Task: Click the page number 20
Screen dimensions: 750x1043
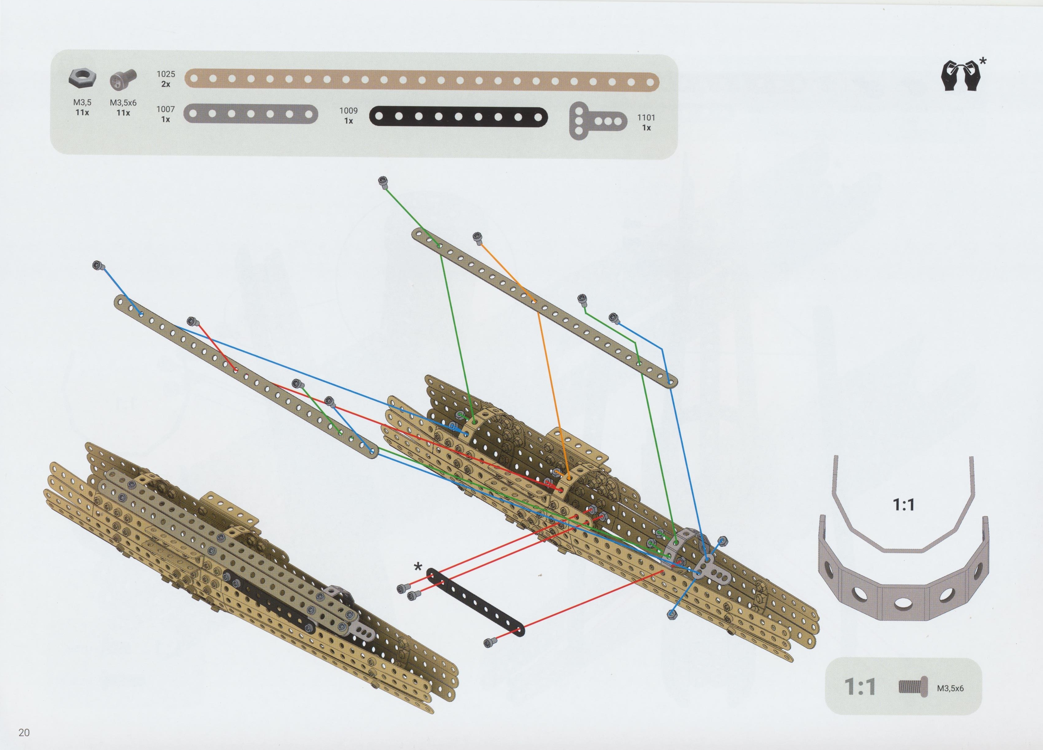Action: click(x=24, y=732)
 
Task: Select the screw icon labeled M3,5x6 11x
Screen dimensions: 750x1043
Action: click(x=123, y=80)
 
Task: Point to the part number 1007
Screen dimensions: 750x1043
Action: click(x=166, y=109)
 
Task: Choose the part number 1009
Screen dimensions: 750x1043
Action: click(x=348, y=110)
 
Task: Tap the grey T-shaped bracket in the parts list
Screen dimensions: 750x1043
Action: click(x=597, y=120)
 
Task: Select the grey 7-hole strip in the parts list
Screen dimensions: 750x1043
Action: click(x=251, y=114)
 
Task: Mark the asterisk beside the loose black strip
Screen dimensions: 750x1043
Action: click(x=418, y=567)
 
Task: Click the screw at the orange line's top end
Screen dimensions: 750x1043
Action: click(x=477, y=237)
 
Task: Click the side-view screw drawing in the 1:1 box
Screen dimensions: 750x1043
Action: click(x=912, y=688)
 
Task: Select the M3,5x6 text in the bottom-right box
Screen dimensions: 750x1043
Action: click(x=950, y=688)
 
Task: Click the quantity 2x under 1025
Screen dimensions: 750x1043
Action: click(x=166, y=84)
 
